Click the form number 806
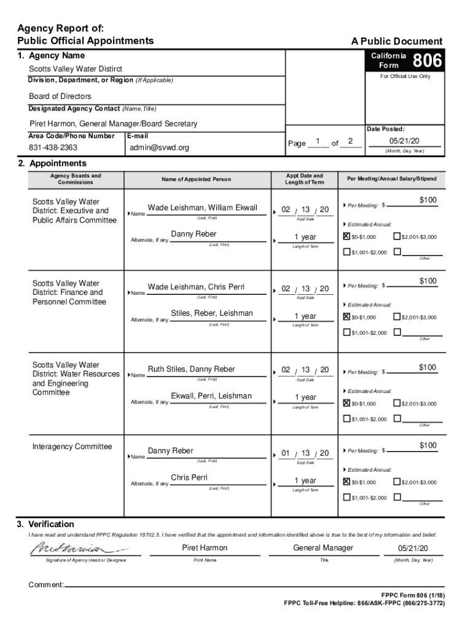click(x=427, y=61)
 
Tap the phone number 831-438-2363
click(x=53, y=148)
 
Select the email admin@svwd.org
click(x=160, y=148)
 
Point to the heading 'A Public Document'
click(x=396, y=42)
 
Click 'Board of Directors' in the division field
click(x=60, y=96)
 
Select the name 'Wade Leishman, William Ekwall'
click(x=203, y=208)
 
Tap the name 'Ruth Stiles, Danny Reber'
click(x=192, y=369)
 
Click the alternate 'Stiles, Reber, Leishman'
click(x=212, y=313)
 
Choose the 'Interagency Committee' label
click(x=72, y=447)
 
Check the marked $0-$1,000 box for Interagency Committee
click(x=347, y=482)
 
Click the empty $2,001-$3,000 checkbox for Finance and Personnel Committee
click(x=397, y=317)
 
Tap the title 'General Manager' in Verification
click(x=323, y=548)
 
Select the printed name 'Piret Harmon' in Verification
click(x=205, y=548)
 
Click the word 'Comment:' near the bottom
click(x=46, y=585)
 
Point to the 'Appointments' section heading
click(x=52, y=163)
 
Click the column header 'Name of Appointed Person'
click(x=197, y=179)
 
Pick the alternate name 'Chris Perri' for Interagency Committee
click(x=189, y=477)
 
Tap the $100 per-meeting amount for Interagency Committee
click(x=428, y=445)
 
